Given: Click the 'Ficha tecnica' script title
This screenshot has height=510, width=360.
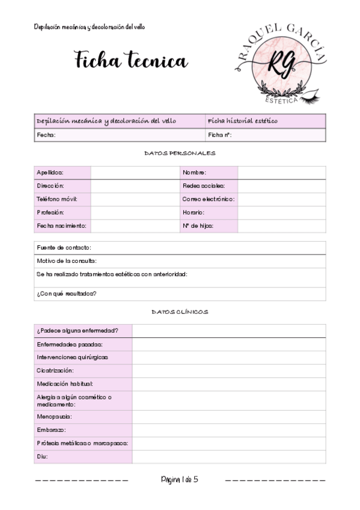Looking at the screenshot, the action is click(x=131, y=60).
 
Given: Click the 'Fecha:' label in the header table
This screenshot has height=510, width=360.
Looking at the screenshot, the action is click(x=46, y=135).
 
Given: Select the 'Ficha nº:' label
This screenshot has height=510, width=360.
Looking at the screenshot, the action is click(x=220, y=135).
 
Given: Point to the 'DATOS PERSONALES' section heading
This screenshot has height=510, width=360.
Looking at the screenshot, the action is click(x=180, y=154).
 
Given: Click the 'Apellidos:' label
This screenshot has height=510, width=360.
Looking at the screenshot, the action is click(x=50, y=173).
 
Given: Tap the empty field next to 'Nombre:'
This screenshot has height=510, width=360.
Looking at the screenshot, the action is click(x=281, y=173).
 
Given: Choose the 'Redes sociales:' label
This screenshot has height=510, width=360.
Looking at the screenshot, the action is click(x=203, y=186).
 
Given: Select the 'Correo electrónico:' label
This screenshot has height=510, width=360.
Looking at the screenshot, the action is click(x=208, y=199).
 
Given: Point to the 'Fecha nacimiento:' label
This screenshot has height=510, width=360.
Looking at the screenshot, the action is click(x=61, y=226).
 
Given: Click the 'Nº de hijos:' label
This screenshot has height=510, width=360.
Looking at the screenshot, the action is click(x=198, y=226).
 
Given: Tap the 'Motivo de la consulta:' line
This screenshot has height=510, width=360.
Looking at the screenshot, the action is click(x=67, y=261).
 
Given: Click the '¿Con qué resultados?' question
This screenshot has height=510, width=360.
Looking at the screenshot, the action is click(x=67, y=293).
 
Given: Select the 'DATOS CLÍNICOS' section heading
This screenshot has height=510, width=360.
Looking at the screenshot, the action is click(x=180, y=312).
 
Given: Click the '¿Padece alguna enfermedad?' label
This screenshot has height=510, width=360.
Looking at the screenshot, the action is click(x=77, y=331).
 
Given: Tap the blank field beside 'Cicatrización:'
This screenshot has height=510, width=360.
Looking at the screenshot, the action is click(x=228, y=370).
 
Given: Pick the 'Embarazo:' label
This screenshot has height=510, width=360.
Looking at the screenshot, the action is click(x=51, y=430).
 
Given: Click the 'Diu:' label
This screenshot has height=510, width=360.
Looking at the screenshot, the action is click(x=42, y=456).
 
